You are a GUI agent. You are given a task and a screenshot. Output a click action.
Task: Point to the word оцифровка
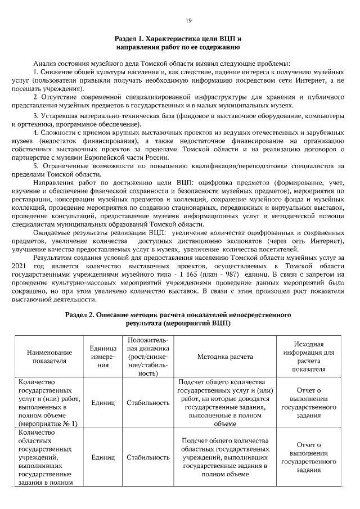pos(212,183)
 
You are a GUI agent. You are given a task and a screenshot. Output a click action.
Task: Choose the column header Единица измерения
pos(103,357)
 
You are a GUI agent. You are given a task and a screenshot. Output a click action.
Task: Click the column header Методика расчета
pos(225,357)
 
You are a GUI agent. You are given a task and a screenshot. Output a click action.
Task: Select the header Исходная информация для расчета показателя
pos(308,357)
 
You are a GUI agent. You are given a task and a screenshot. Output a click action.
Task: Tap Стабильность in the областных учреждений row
pos(148,458)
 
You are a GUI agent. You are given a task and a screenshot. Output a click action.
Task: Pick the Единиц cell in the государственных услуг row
pos(103,403)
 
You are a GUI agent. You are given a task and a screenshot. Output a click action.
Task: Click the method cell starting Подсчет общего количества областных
pos(225,458)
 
